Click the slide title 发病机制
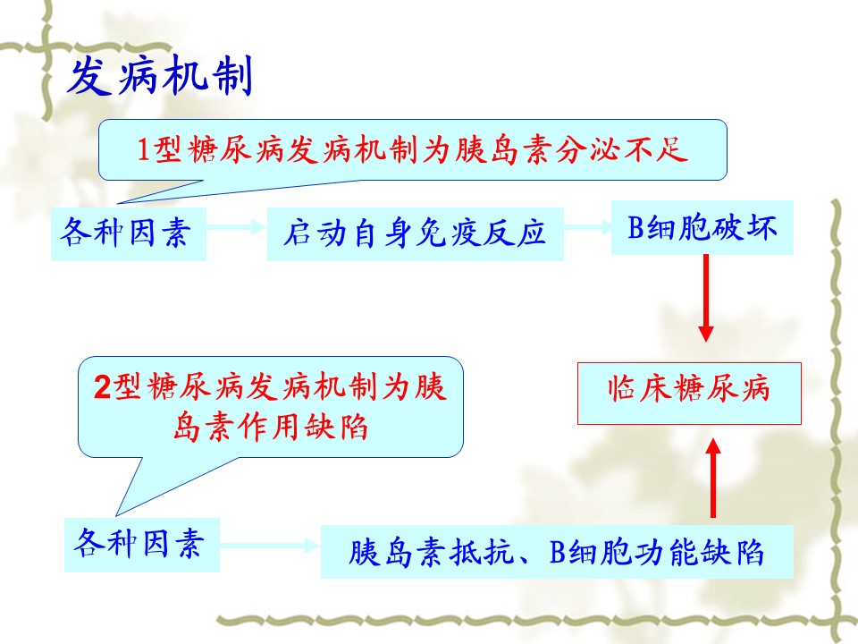pyautogui.click(x=161, y=76)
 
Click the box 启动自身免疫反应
pyautogui.click(x=416, y=233)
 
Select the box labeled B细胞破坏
pyautogui.click(x=702, y=228)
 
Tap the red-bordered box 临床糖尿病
pyautogui.click(x=689, y=394)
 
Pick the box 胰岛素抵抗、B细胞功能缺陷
pyautogui.click(x=557, y=552)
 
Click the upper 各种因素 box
pyautogui.click(x=129, y=233)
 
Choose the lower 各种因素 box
pyautogui.click(x=142, y=545)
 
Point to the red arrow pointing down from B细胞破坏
pyautogui.click(x=706, y=299)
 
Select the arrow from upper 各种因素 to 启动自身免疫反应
pyautogui.click(x=236, y=226)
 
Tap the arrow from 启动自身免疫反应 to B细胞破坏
pyautogui.click(x=588, y=226)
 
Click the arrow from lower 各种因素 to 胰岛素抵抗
pyautogui.click(x=270, y=545)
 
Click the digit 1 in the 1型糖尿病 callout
pyautogui.click(x=143, y=149)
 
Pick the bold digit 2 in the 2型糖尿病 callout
pyautogui.click(x=102, y=386)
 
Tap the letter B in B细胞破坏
pyautogui.click(x=635, y=228)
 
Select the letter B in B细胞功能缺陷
pyautogui.click(x=557, y=552)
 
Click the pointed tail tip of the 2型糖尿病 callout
pyautogui.click(x=116, y=515)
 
